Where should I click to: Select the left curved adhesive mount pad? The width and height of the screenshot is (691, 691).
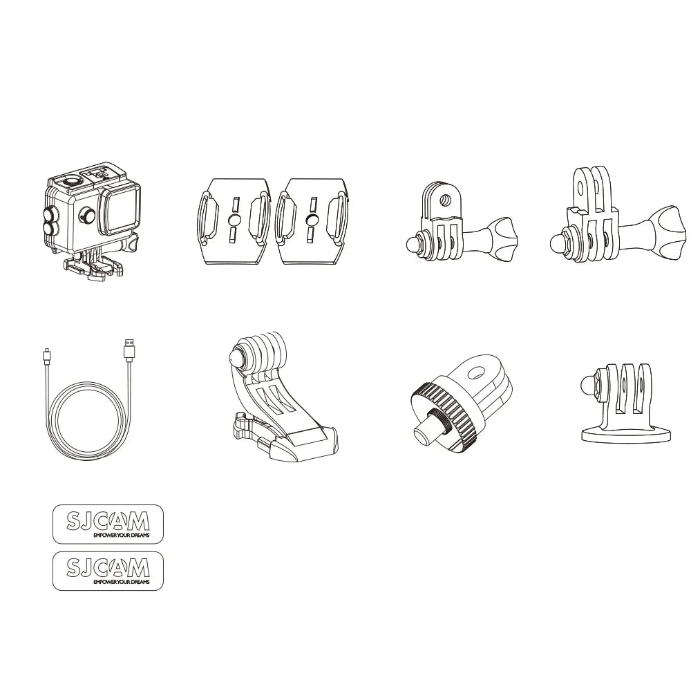234,221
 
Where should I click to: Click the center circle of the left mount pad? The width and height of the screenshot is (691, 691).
234,220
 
